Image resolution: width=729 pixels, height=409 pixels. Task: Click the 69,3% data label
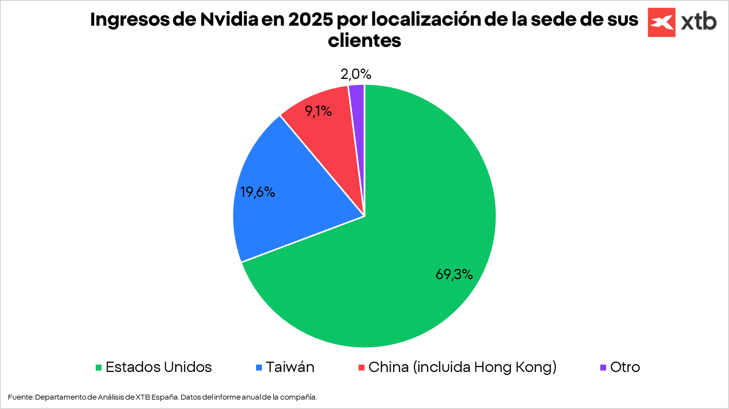454,274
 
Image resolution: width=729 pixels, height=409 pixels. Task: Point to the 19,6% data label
257,192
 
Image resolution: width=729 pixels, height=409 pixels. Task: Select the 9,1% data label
318,111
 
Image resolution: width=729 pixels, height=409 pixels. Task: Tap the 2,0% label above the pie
356,74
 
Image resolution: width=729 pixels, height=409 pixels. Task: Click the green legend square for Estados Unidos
99,368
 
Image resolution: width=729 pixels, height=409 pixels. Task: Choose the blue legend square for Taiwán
259,368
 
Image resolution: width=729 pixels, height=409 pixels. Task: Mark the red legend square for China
362,368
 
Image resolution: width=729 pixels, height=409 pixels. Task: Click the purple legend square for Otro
603,368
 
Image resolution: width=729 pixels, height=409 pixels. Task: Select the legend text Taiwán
290,367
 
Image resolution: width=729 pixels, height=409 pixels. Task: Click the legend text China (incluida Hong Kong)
462,367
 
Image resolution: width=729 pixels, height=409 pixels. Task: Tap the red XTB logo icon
661,22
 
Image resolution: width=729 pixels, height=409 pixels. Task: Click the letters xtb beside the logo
699,22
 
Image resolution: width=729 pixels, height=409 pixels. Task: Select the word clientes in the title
364,40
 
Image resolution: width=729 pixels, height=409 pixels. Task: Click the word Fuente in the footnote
20,397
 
